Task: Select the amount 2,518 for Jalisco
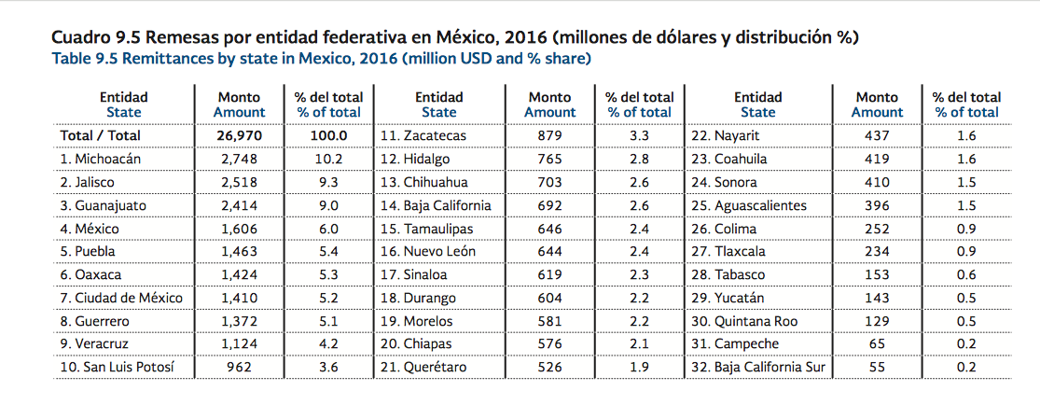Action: [239, 182]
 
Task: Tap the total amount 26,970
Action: [239, 135]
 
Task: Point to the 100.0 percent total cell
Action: [328, 135]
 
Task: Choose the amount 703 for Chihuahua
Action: [549, 182]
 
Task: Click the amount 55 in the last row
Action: [877, 368]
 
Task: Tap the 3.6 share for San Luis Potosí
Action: [328, 368]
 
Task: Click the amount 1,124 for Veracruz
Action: [239, 344]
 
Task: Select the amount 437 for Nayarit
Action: [877, 135]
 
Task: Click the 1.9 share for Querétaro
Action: [639, 368]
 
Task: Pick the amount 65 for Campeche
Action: [877, 344]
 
